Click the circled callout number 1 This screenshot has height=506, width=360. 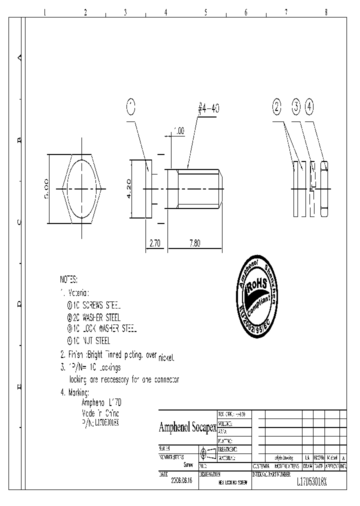point(130,106)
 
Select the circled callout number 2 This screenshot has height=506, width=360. point(277,106)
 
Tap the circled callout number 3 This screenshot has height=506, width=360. point(296,106)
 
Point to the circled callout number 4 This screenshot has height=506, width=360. point(310,106)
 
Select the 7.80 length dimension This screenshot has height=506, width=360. point(195,243)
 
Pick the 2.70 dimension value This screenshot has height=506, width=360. point(155,243)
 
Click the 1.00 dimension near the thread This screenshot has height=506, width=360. point(178,131)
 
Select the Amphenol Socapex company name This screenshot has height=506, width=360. point(186,427)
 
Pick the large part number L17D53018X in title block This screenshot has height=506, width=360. point(311,481)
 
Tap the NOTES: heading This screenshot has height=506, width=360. point(68,279)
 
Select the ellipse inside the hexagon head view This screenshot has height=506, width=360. point(80,189)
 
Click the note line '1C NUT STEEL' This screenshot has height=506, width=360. point(89,341)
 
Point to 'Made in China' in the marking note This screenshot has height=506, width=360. point(100,413)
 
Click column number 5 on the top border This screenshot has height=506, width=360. point(205,13)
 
